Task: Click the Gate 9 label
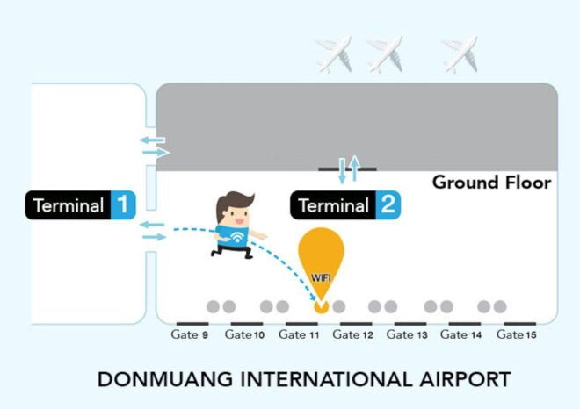(x=190, y=335)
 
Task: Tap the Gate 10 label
(x=244, y=335)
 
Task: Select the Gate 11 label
(x=298, y=335)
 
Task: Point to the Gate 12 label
(x=353, y=335)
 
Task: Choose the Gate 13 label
(x=407, y=335)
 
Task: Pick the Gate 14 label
(x=461, y=335)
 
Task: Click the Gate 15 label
(x=516, y=335)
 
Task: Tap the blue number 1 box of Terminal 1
(x=121, y=206)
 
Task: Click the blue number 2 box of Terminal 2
(x=388, y=206)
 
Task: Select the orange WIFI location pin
(x=321, y=259)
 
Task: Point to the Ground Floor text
(x=491, y=183)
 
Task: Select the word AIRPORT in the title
(x=463, y=380)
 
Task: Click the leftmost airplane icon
(x=333, y=54)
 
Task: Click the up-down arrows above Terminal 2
(x=349, y=168)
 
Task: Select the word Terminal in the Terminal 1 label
(x=69, y=206)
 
